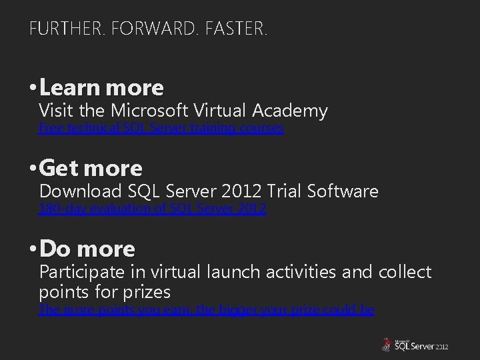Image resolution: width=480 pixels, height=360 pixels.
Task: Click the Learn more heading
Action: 101,87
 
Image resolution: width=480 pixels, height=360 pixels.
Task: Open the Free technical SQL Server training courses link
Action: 161,127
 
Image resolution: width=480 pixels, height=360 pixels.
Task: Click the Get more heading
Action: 91,168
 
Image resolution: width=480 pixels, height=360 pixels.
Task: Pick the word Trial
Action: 283,191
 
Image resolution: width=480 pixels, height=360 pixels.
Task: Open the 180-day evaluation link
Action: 153,209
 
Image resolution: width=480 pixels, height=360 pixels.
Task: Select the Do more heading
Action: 87,249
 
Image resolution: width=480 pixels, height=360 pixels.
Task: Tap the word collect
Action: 404,272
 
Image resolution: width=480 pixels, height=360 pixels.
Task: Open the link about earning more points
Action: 207,309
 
